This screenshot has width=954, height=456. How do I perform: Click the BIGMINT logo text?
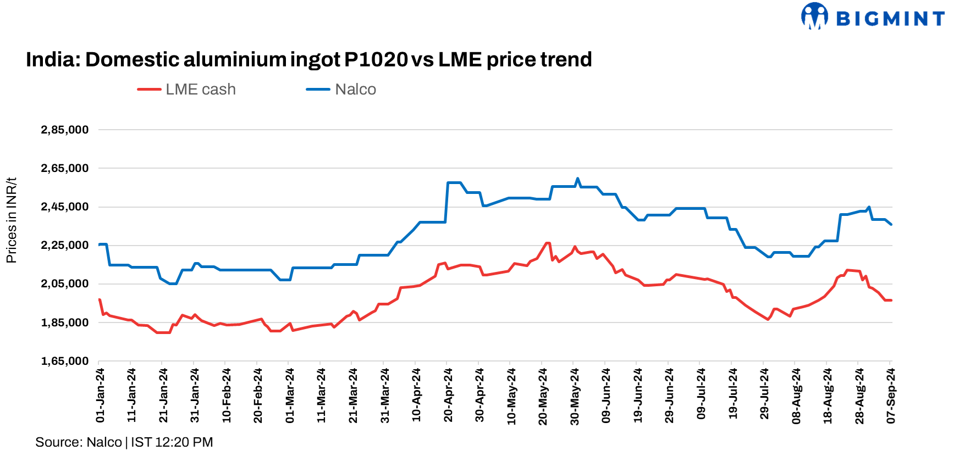click(x=890, y=19)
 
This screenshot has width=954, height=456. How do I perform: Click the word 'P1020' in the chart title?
click(x=376, y=59)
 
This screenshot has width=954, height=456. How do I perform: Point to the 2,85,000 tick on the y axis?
click(x=65, y=130)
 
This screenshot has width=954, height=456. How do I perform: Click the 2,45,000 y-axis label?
click(x=65, y=207)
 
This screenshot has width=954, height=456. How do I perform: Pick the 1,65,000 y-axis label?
click(x=65, y=361)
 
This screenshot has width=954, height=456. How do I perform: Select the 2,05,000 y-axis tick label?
click(x=65, y=284)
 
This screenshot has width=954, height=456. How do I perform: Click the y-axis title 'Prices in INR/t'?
click(x=12, y=220)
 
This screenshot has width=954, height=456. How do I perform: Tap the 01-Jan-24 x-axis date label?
click(x=100, y=396)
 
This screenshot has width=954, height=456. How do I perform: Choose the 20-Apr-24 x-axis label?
click(x=448, y=396)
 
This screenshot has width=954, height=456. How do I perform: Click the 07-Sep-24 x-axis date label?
click(x=891, y=396)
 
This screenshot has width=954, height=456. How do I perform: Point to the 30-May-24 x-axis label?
click(x=575, y=396)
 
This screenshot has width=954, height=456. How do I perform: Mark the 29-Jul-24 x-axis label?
click(x=764, y=396)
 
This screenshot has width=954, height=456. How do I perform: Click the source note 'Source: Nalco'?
click(x=79, y=442)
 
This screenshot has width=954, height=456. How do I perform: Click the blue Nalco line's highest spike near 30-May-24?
click(x=577, y=179)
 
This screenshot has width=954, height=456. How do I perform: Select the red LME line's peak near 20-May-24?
click(x=547, y=243)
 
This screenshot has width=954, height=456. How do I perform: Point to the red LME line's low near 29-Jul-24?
click(x=768, y=319)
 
